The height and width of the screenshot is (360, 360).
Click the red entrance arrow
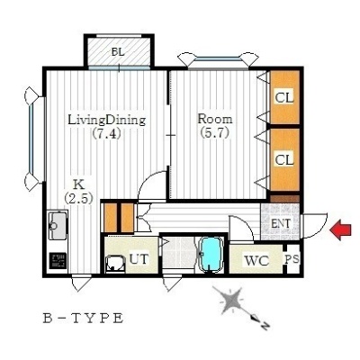point(340,229)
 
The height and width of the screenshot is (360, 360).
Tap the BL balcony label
point(118,52)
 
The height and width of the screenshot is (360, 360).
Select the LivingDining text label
point(107,120)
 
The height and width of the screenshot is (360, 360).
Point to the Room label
point(215,119)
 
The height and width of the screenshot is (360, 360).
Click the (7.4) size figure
point(106,133)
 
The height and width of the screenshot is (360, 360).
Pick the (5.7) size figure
point(215,132)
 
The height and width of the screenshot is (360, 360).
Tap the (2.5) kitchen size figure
point(78,198)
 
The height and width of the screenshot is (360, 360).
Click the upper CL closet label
point(284,98)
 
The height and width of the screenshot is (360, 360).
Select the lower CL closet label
point(284,160)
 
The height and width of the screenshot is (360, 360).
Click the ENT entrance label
point(281,223)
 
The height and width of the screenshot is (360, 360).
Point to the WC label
point(256,261)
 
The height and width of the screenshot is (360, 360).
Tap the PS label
point(292,259)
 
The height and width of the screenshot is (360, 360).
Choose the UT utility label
point(139,258)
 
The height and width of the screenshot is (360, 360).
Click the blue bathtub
point(211,255)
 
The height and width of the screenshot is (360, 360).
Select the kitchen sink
point(58,225)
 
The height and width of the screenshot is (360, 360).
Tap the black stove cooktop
point(58,261)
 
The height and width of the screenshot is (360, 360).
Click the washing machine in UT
point(116,264)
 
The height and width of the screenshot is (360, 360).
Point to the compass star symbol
point(231,301)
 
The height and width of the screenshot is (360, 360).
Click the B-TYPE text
point(83,318)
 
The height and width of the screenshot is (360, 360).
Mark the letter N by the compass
point(265,324)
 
